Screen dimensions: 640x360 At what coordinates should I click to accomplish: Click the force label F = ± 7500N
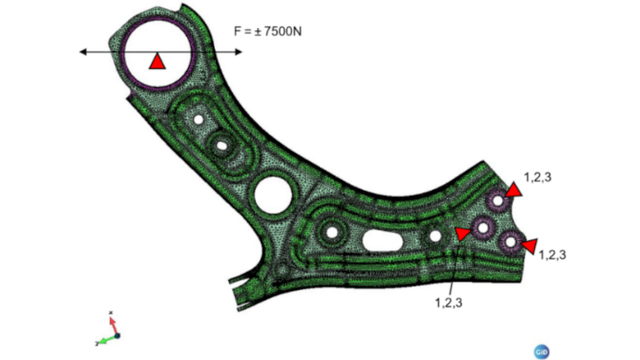267,31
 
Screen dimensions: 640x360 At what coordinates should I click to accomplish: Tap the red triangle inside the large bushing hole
157,62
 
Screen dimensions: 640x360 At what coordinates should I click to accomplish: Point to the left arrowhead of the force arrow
83,52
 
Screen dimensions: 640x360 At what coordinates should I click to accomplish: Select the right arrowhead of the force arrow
238,52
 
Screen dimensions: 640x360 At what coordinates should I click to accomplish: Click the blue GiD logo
542,351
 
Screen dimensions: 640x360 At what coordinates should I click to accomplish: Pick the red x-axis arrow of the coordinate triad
113,325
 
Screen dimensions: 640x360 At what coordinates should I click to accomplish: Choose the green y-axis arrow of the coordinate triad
107,339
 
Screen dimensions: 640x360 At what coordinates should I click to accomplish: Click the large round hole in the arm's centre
273,194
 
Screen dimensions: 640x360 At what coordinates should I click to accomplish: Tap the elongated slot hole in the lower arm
382,241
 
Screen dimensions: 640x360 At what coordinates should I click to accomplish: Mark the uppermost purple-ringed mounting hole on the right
498,201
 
